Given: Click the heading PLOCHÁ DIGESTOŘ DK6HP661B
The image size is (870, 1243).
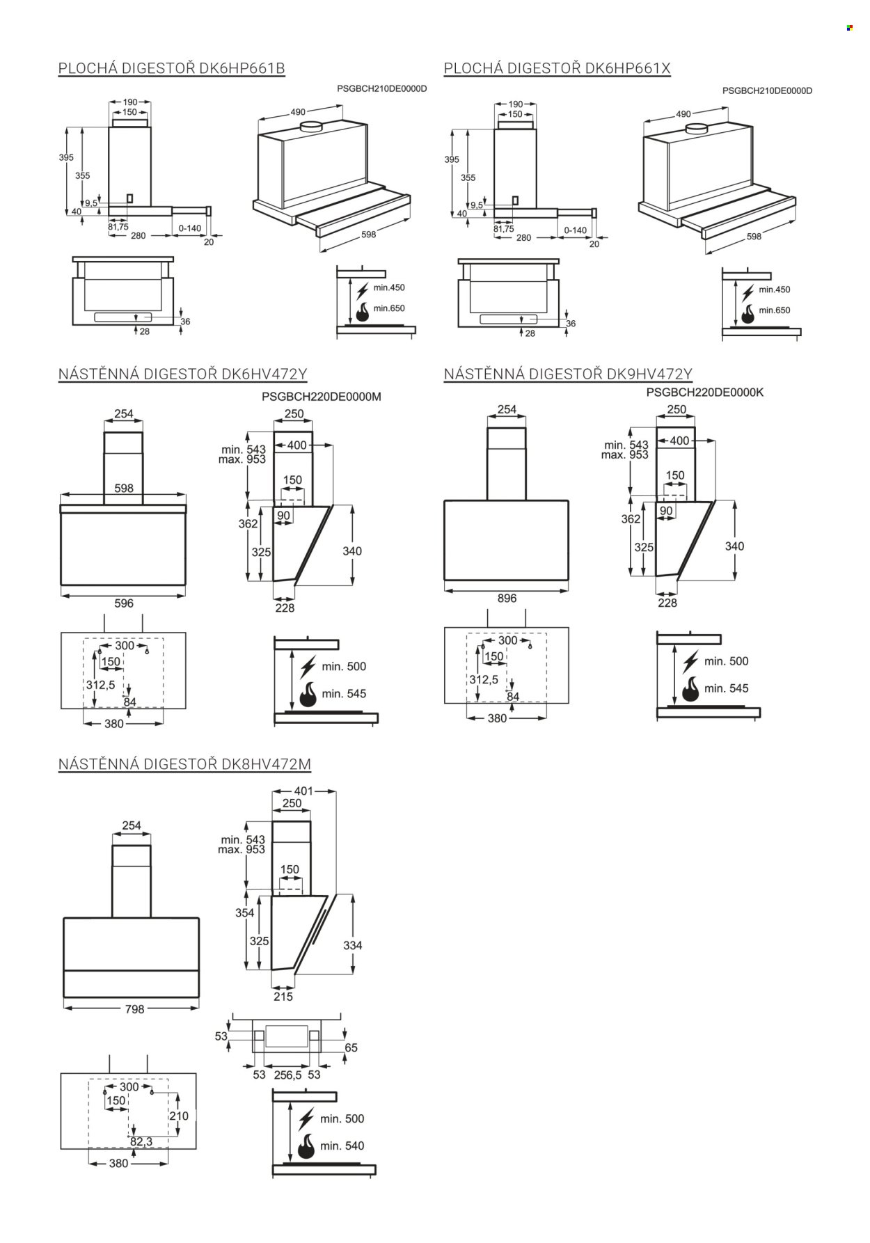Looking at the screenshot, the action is pos(172,68).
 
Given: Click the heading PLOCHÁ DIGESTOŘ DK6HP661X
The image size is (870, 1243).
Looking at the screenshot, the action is pos(557,68).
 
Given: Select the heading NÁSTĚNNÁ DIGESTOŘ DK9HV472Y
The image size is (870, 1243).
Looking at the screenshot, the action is pos(568,374).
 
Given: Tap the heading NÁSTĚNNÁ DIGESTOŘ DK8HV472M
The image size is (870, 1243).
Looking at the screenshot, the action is pos(184,764).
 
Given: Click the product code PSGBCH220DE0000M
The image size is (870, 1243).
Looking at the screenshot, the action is pos(322,397).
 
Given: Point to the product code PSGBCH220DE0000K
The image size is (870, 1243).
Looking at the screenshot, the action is pos(705,393).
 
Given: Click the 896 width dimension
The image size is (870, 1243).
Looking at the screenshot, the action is pos(507,598).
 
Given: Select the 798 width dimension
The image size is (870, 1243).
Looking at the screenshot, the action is pos(134,1009).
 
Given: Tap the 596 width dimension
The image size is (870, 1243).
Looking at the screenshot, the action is pos(124,603).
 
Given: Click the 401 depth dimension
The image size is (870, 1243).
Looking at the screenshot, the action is pos(304,791).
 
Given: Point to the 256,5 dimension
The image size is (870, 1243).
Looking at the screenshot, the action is pos(287,1075).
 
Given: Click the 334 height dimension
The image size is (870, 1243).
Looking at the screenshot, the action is pos(353,945).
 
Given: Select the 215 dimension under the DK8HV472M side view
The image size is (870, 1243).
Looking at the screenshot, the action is pos(283,997).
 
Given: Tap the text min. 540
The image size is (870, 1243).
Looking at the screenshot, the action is pos(342,1146).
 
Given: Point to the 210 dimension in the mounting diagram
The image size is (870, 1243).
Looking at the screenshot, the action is pos(179,1116).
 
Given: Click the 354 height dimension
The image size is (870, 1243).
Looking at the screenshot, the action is pos(245,912).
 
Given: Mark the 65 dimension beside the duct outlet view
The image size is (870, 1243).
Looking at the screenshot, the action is pos(351,1047).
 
